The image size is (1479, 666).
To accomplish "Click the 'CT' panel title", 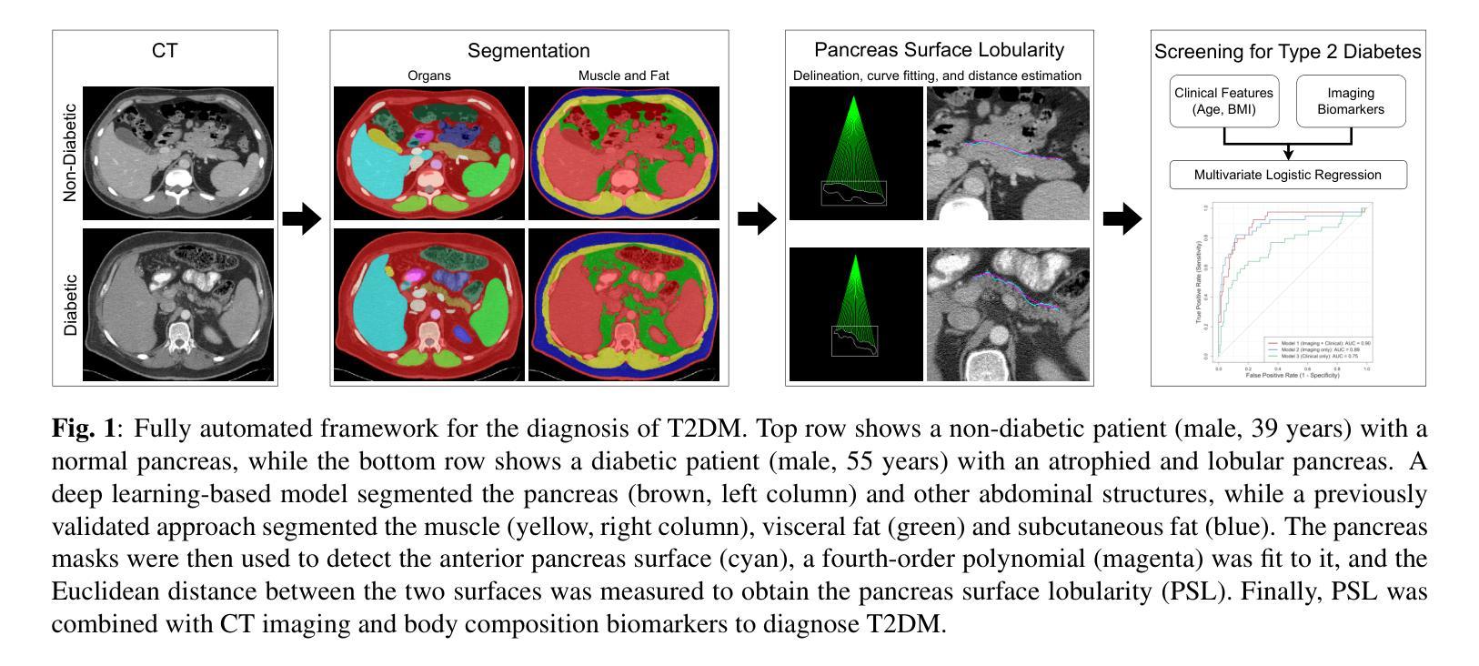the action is pyautogui.click(x=165, y=51).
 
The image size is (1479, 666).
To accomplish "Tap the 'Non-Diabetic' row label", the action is pyautogui.click(x=70, y=152).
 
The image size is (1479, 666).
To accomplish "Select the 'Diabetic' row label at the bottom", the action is pyautogui.click(x=70, y=305).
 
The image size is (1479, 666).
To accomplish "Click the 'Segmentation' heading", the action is pyautogui.click(x=528, y=51).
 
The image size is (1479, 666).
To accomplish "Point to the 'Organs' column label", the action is pyautogui.click(x=428, y=76).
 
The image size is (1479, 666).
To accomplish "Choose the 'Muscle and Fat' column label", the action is pyautogui.click(x=623, y=76).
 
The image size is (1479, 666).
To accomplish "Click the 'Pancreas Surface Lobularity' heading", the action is pyautogui.click(x=939, y=50).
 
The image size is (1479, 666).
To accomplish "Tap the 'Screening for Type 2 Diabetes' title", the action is pyautogui.click(x=1287, y=52).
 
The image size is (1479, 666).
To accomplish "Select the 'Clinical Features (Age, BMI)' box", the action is pyautogui.click(x=1223, y=101).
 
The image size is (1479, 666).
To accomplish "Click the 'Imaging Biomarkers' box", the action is pyautogui.click(x=1350, y=101).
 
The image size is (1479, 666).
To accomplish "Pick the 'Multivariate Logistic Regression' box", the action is pyautogui.click(x=1287, y=175).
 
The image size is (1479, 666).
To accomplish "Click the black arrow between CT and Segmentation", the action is pyautogui.click(x=302, y=219).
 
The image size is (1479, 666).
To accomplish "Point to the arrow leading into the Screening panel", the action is pyautogui.click(x=1122, y=219).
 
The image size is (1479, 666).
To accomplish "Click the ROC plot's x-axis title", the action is pyautogui.click(x=1292, y=375).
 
